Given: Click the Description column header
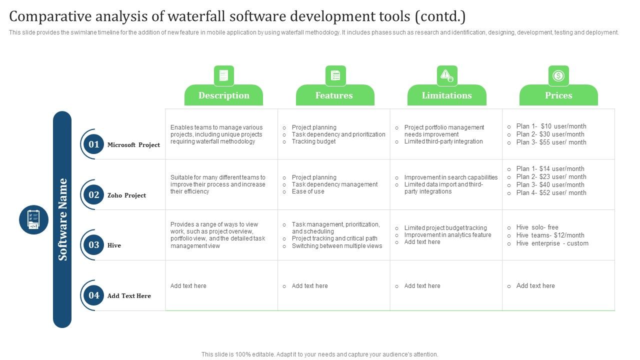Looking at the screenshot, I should click(x=223, y=95).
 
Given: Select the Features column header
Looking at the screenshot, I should click(x=334, y=95).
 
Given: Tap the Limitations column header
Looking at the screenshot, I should click(x=446, y=95).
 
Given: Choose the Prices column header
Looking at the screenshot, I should click(x=558, y=95).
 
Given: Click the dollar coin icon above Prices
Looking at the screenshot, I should click(x=558, y=76).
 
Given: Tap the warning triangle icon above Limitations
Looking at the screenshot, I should click(x=446, y=76).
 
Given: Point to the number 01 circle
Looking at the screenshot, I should click(x=94, y=144).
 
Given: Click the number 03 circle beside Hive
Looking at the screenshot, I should click(x=94, y=245).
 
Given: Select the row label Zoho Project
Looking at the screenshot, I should click(x=126, y=195).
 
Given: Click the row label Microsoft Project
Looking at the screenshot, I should click(x=133, y=145).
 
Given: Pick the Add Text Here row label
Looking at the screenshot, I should click(x=129, y=296).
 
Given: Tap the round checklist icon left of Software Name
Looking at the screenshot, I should click(x=33, y=219).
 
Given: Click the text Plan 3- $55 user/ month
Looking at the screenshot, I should click(x=551, y=142).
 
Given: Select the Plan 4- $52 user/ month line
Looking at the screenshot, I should click(x=551, y=193).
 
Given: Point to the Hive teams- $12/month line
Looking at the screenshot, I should click(x=550, y=235).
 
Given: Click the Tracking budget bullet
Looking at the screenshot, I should click(x=313, y=141).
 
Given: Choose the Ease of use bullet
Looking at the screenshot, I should click(x=308, y=191).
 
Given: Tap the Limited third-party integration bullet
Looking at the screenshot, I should click(x=443, y=141).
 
